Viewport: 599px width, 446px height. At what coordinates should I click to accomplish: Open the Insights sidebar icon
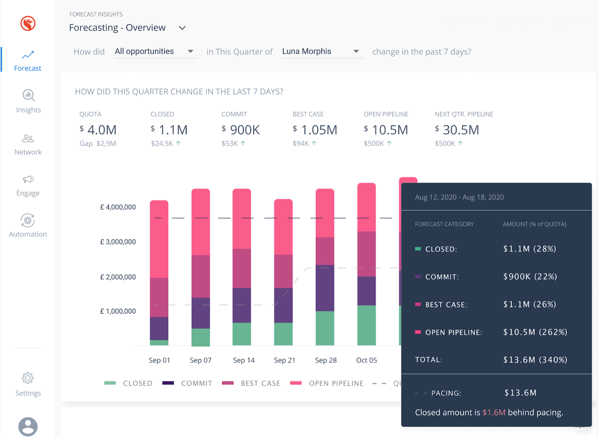[28, 96]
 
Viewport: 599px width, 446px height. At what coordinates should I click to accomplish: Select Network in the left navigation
[28, 145]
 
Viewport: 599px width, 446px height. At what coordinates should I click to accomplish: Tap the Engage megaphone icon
[28, 179]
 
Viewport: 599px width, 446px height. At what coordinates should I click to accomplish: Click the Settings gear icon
[28, 379]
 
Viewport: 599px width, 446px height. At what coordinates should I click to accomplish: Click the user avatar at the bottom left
[28, 426]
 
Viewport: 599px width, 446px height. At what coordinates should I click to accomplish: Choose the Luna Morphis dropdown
[321, 52]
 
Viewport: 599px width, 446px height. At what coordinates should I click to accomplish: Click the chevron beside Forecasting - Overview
[182, 28]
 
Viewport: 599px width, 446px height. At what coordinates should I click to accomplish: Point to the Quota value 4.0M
[102, 130]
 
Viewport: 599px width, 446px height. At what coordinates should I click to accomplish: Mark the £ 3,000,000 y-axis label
[118, 242]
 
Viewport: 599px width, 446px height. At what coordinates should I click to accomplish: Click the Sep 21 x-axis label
[285, 360]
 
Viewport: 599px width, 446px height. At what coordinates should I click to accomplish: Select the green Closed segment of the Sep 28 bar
[325, 328]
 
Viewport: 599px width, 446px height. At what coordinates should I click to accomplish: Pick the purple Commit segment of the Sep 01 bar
[159, 329]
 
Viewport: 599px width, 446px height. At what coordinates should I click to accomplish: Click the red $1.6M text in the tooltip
[494, 413]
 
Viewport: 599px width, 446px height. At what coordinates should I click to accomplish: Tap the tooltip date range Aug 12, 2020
[459, 197]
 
